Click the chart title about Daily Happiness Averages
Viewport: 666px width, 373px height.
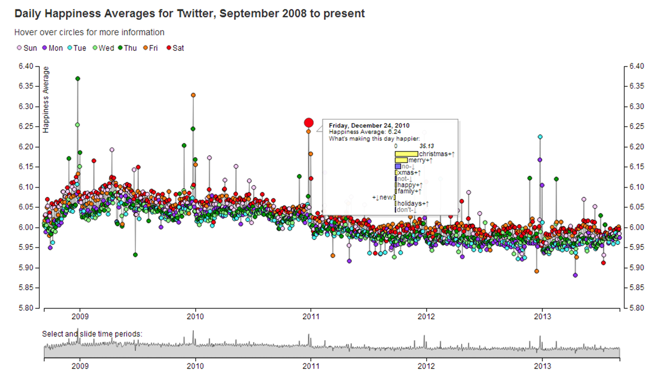click(189, 14)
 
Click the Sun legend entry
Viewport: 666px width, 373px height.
click(27, 48)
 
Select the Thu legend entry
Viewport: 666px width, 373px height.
click(127, 48)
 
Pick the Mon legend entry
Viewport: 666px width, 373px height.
click(52, 48)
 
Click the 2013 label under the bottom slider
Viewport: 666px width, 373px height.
click(542, 367)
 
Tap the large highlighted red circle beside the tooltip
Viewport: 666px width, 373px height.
click(309, 123)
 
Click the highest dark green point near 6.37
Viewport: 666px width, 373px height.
click(78, 79)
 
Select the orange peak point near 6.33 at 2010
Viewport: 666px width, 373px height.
click(193, 95)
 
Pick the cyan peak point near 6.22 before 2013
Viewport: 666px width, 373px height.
click(540, 137)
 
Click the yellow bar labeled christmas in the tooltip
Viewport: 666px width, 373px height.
click(406, 154)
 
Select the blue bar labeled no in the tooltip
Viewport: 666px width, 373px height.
click(398, 166)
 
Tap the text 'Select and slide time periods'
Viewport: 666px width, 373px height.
click(92, 334)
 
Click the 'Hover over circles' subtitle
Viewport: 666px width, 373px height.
click(89, 32)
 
